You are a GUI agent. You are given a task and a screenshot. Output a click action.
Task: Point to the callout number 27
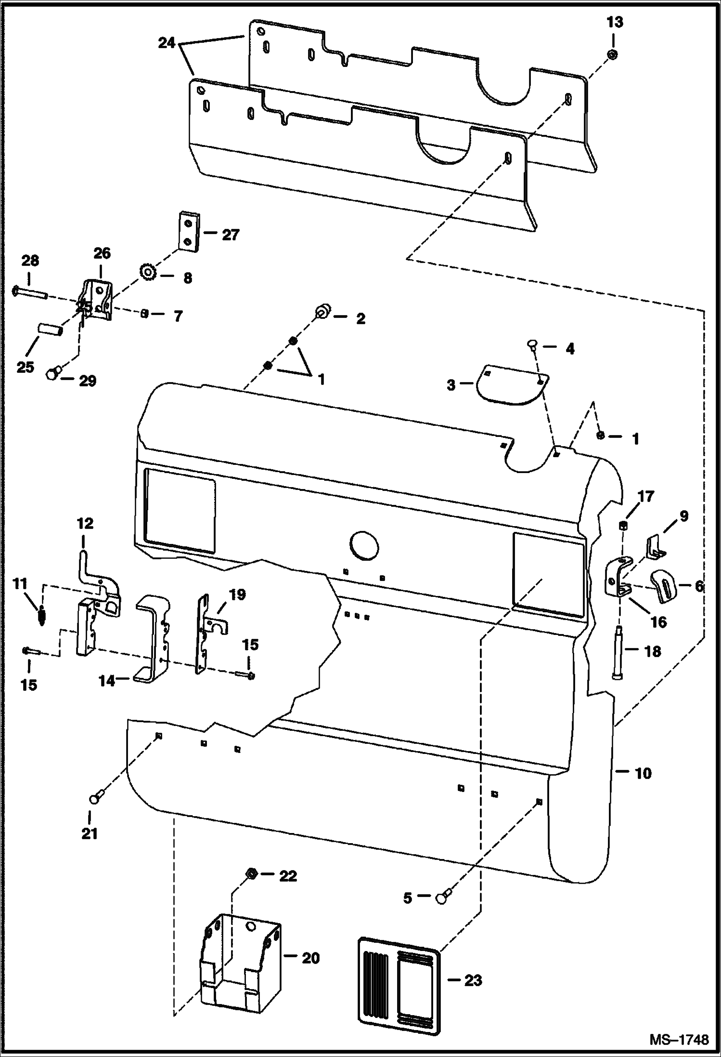[x=230, y=235]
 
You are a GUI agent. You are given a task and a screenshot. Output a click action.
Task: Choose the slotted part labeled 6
[x=666, y=585]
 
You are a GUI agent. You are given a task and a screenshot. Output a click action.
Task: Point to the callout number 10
[x=643, y=774]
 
